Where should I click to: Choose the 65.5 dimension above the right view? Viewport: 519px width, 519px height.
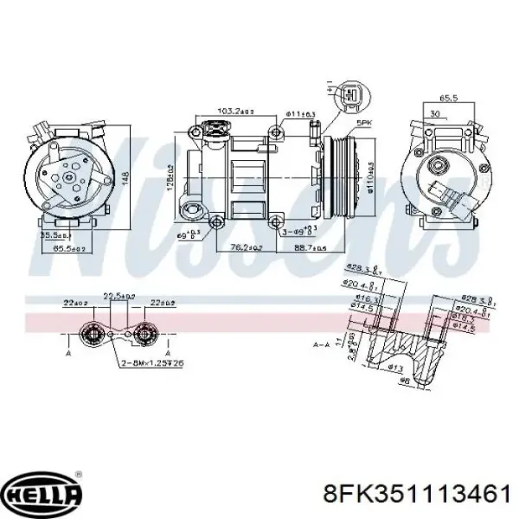[x=446, y=99]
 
